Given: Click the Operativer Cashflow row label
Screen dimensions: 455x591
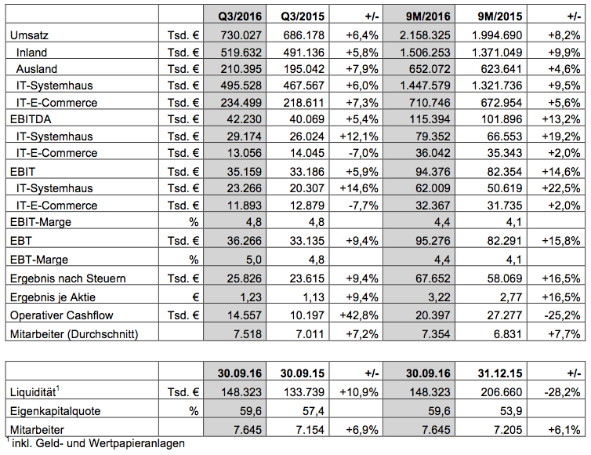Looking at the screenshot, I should [x=60, y=316].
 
